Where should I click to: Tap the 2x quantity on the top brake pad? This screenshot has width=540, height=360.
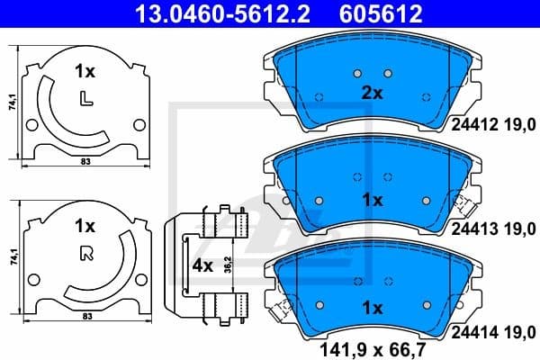coord(372,92)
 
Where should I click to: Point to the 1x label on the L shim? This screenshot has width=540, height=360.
coord(85,70)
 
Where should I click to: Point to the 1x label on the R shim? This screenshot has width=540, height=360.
coord(85,224)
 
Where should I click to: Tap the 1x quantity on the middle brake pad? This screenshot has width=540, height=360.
coord(372,199)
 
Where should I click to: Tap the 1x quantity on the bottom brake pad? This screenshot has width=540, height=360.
coord(372,307)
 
